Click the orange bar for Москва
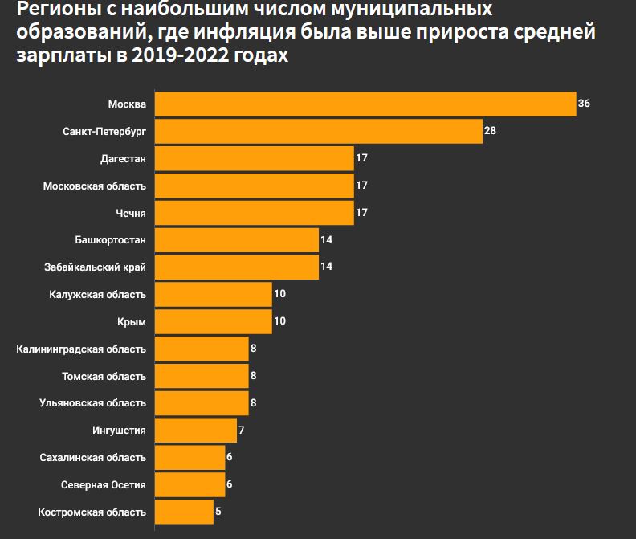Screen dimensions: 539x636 click(365, 104)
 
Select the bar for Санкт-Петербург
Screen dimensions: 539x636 click(318, 132)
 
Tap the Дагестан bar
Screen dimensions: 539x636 click(254, 159)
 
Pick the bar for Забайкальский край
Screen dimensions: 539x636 click(236, 267)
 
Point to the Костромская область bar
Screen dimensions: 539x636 click(184, 512)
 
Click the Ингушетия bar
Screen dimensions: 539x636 click(195, 430)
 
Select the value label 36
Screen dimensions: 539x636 click(584, 104)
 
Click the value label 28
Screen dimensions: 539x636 click(490, 131)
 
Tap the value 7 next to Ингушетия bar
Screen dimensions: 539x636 click(242, 430)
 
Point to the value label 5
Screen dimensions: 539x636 click(218, 512)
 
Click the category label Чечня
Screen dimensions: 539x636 click(131, 213)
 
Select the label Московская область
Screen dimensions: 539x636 click(95, 186)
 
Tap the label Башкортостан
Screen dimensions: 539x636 click(110, 240)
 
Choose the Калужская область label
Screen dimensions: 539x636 click(97, 294)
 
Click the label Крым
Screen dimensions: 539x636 click(132, 321)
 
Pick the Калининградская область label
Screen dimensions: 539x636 click(81, 349)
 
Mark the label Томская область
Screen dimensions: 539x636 click(104, 376)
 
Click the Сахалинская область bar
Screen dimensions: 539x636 click(190, 457)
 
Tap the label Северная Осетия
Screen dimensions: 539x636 click(104, 484)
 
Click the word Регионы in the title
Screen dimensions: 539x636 click(52, 10)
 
